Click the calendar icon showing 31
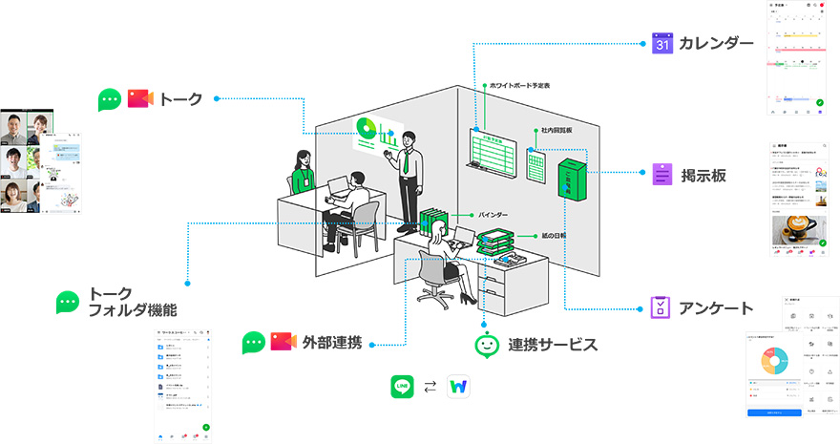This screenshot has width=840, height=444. pos(663,43)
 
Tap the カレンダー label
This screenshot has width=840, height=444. pos(716,43)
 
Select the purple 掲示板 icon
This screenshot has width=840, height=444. pos(663,175)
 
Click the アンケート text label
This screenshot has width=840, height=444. pos(716,307)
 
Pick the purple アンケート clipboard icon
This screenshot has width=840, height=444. pos(662,307)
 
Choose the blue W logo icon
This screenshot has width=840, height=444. pos(459,388)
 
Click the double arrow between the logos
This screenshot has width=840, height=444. pos(430,388)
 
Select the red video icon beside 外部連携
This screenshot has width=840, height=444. pos(283,341)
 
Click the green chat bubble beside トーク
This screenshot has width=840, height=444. pos(111,98)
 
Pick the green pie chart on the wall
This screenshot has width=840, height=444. pos(365,128)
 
